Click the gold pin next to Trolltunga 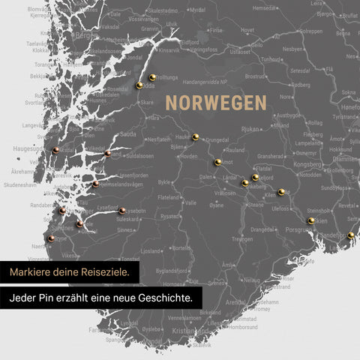[x=152, y=76]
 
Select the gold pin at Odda [x=139, y=85]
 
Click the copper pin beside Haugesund [x=56, y=150]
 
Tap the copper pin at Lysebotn [x=122, y=211]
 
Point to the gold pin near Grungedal [x=195, y=136]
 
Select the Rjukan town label [x=250, y=129]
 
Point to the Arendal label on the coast [x=235, y=302]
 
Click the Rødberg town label [x=300, y=85]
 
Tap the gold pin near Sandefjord [x=350, y=235]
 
